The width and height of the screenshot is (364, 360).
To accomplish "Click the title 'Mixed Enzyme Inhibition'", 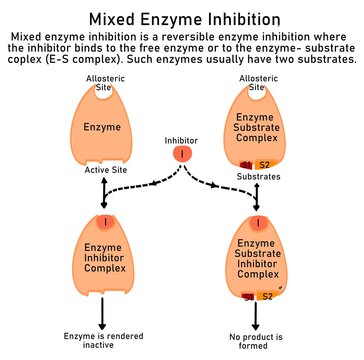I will (182, 18).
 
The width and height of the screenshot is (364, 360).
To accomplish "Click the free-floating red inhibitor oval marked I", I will (181, 155).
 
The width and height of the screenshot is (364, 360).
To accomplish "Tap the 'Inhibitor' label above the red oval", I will (181, 140).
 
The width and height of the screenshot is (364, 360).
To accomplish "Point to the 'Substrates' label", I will (259, 176).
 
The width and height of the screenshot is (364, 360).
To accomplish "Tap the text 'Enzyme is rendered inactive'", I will (103, 341).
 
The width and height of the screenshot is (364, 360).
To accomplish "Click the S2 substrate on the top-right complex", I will (265, 163).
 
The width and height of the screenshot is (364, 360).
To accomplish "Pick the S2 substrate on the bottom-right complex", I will (267, 296).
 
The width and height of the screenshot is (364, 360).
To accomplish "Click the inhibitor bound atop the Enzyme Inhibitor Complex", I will (103, 221).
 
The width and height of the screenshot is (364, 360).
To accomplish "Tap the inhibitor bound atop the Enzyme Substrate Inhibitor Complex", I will (258, 221).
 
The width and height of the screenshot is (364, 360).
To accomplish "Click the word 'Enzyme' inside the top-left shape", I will (102, 128).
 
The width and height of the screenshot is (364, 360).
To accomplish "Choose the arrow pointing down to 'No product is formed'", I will (259, 315).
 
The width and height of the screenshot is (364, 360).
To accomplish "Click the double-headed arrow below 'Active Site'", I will (103, 193).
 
